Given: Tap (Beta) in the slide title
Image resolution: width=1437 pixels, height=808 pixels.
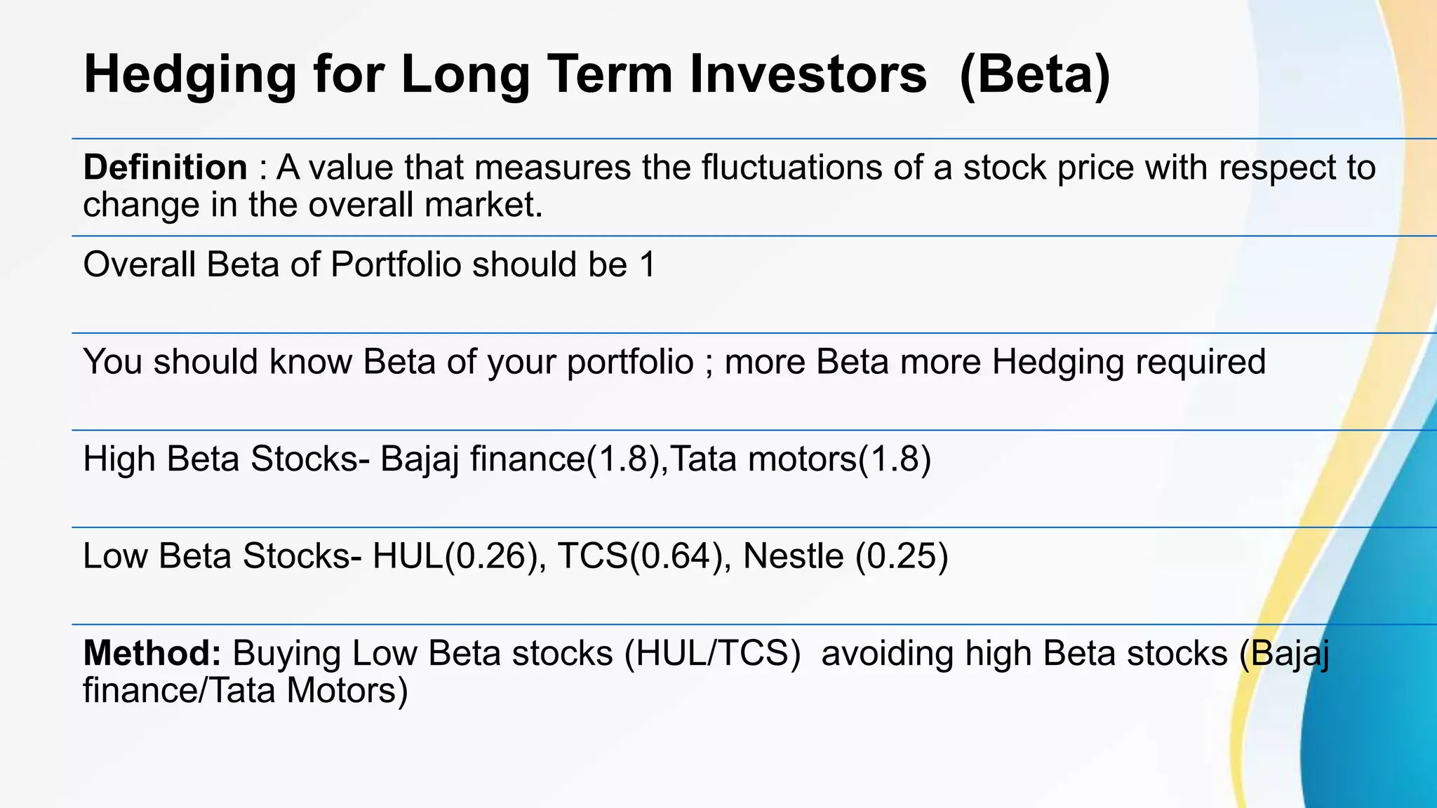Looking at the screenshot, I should [x=1034, y=74].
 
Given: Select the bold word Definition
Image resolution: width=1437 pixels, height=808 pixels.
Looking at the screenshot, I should [x=165, y=168].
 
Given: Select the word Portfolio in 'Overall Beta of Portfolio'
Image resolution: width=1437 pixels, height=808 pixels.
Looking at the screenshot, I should [x=396, y=265].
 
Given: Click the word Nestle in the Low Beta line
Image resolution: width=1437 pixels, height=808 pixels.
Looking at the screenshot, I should [x=793, y=556].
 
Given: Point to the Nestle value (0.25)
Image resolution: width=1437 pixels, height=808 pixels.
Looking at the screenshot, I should [x=902, y=556].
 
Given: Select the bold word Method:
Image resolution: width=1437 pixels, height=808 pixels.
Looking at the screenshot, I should [x=152, y=653].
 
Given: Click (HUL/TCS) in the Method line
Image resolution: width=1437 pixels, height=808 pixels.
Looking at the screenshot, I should [x=713, y=653].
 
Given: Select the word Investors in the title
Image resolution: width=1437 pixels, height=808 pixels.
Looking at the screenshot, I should [x=808, y=74].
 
